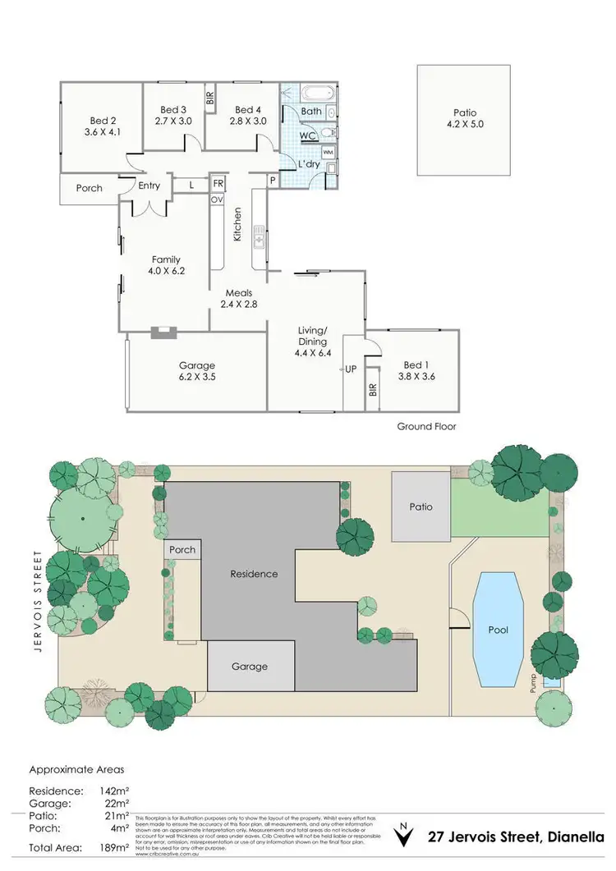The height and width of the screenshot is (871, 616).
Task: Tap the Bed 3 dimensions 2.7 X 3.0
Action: coord(173,121)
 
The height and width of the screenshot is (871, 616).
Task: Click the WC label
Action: coord(308,135)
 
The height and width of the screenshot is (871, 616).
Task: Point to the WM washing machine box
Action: coord(328,152)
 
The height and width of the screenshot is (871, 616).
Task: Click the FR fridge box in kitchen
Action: coord(218,184)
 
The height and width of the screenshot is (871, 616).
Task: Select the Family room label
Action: coord(166,259)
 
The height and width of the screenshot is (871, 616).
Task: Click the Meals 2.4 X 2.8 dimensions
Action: coord(239,304)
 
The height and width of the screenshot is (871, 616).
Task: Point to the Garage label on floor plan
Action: coord(196,365)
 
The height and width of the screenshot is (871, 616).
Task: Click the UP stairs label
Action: coord(351,369)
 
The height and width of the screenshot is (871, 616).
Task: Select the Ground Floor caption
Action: coord(426,426)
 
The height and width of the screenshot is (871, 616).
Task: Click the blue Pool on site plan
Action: coord(498,630)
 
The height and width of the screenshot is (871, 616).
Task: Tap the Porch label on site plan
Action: coord(183,550)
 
